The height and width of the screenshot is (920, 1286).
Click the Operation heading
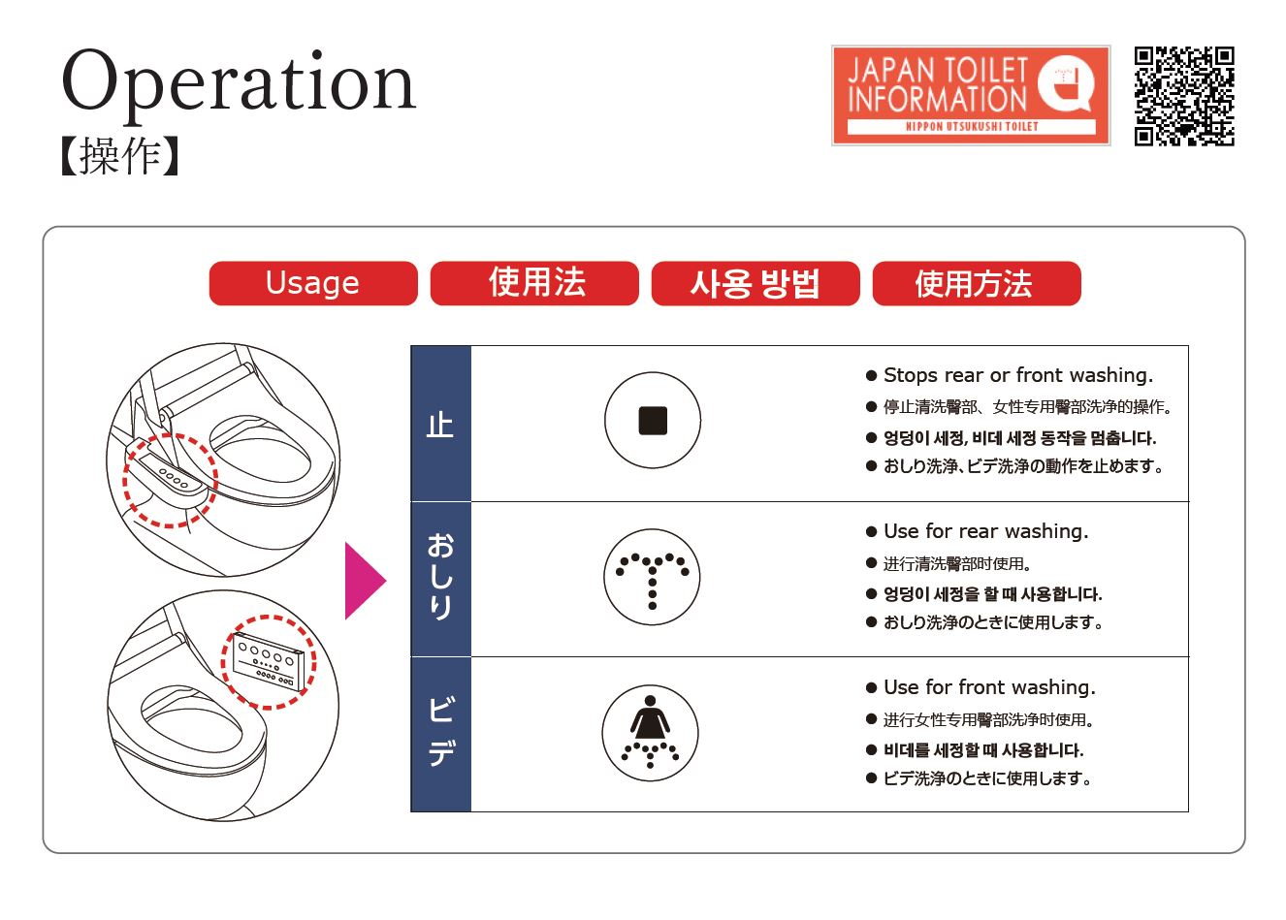[239, 85]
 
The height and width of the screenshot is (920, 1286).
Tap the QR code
[1184, 96]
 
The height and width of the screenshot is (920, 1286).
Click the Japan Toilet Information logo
[970, 95]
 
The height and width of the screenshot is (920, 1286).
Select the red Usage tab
[313, 283]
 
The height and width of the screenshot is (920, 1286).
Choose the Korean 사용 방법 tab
[755, 283]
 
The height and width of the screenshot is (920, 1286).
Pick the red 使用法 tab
[534, 283]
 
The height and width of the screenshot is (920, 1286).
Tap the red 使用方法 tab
[977, 283]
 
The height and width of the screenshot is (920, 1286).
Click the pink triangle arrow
[365, 581]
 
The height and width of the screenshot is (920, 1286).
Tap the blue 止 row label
[440, 424]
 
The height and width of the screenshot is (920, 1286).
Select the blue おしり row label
[440, 579]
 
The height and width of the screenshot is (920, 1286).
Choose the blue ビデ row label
[440, 734]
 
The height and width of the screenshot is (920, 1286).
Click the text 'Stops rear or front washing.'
[1018, 375]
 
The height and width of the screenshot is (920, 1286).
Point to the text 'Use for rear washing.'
[985, 531]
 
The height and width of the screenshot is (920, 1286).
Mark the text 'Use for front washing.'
[989, 687]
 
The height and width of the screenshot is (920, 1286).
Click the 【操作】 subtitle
[120, 155]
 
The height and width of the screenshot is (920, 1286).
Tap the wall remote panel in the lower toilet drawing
[268, 662]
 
